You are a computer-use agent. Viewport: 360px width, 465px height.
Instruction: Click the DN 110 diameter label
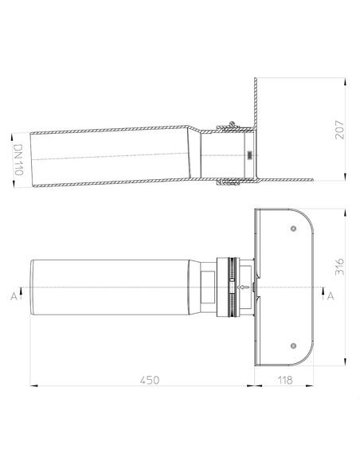(x=18, y=161)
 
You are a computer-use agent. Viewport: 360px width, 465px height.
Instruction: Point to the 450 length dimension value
(x=149, y=380)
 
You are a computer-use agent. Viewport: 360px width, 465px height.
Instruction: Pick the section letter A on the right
(x=331, y=295)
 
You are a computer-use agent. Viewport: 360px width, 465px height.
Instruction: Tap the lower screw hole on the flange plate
(x=295, y=345)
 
